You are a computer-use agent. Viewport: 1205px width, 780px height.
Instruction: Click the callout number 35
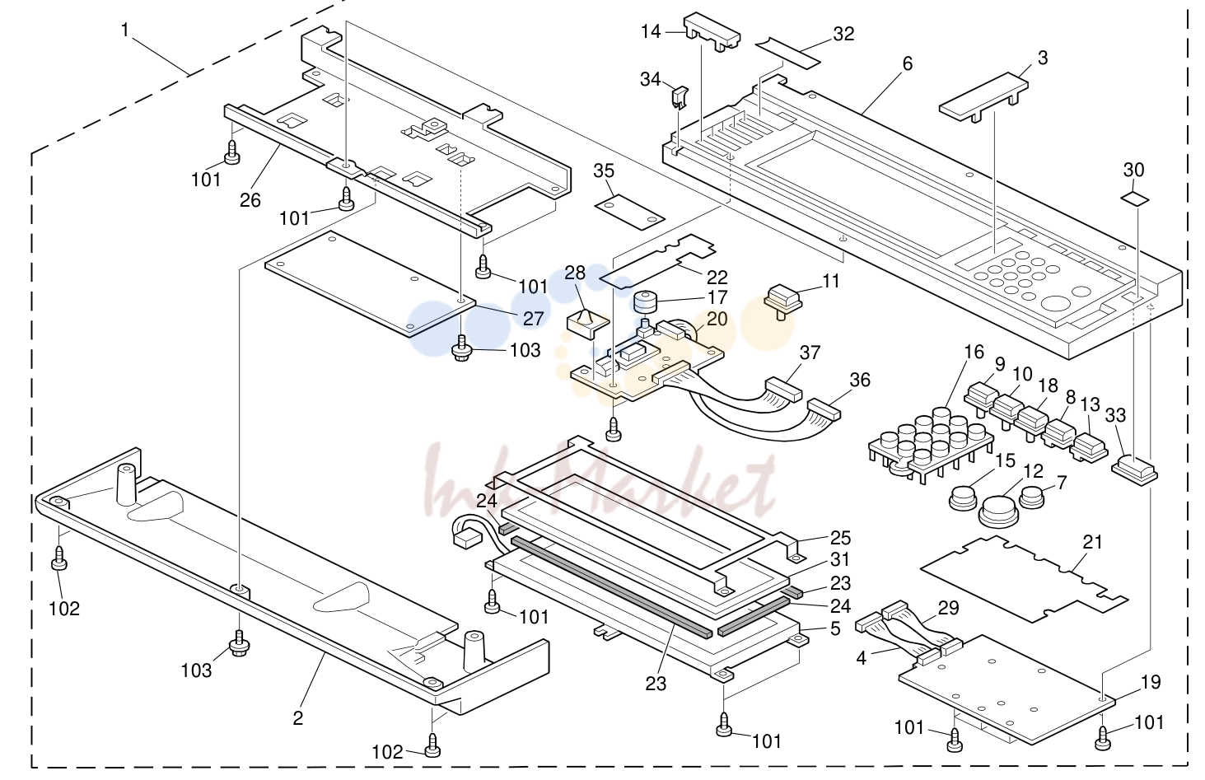pyautogui.click(x=603, y=170)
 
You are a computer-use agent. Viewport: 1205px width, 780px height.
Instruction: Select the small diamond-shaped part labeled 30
pyautogui.click(x=1134, y=199)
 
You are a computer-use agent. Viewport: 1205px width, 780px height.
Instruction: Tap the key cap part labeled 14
pyautogui.click(x=712, y=31)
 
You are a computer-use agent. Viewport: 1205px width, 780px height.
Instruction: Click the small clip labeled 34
pyautogui.click(x=680, y=97)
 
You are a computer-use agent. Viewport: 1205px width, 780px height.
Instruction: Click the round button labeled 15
pyautogui.click(x=962, y=497)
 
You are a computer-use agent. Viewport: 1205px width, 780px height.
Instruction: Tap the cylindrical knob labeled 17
pyautogui.click(x=646, y=301)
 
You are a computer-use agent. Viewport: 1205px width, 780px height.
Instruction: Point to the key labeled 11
pyautogui.click(x=783, y=301)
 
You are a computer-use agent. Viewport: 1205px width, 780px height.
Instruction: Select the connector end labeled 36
pyautogui.click(x=823, y=409)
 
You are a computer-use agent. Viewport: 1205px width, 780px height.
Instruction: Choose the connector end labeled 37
pyautogui.click(x=782, y=389)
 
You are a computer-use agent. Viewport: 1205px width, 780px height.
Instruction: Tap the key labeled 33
pyautogui.click(x=1134, y=470)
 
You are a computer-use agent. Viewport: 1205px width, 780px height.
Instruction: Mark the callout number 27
pyautogui.click(x=533, y=319)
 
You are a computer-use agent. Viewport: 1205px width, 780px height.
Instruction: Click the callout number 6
pyautogui.click(x=907, y=64)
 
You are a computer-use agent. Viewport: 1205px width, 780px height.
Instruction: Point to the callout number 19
pyautogui.click(x=1150, y=682)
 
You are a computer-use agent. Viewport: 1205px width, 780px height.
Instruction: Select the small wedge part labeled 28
pyautogui.click(x=587, y=324)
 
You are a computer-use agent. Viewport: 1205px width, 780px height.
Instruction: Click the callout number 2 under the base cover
pyautogui.click(x=297, y=717)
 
